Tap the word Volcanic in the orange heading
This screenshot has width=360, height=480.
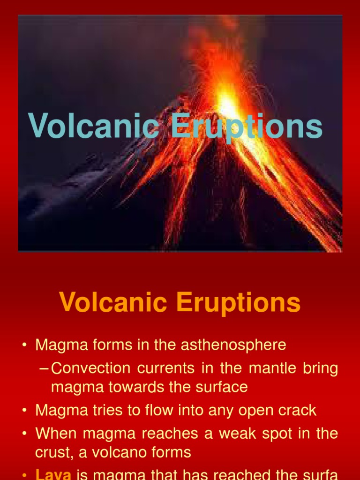coord(113,303)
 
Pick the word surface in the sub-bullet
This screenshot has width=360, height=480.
coord(222,388)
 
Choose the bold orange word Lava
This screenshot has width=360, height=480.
coord(53,474)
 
